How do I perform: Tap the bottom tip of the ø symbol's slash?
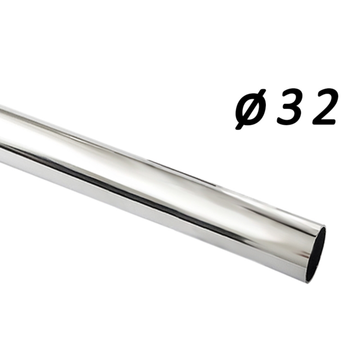click(x=237, y=128)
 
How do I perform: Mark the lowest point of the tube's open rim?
click(x=308, y=282)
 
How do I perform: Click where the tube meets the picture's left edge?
click(x=1, y=130)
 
